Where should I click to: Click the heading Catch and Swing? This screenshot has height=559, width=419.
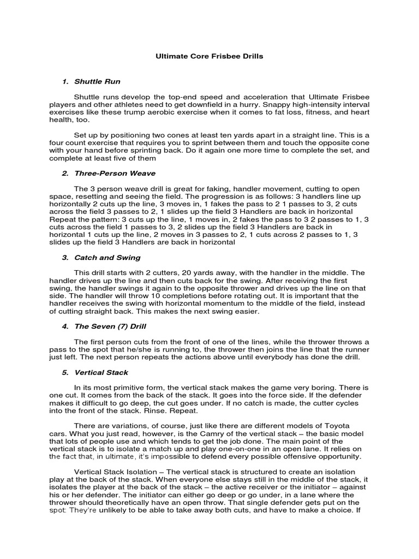coord(107,257)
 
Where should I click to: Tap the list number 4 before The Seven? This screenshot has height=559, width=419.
coord(64,326)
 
